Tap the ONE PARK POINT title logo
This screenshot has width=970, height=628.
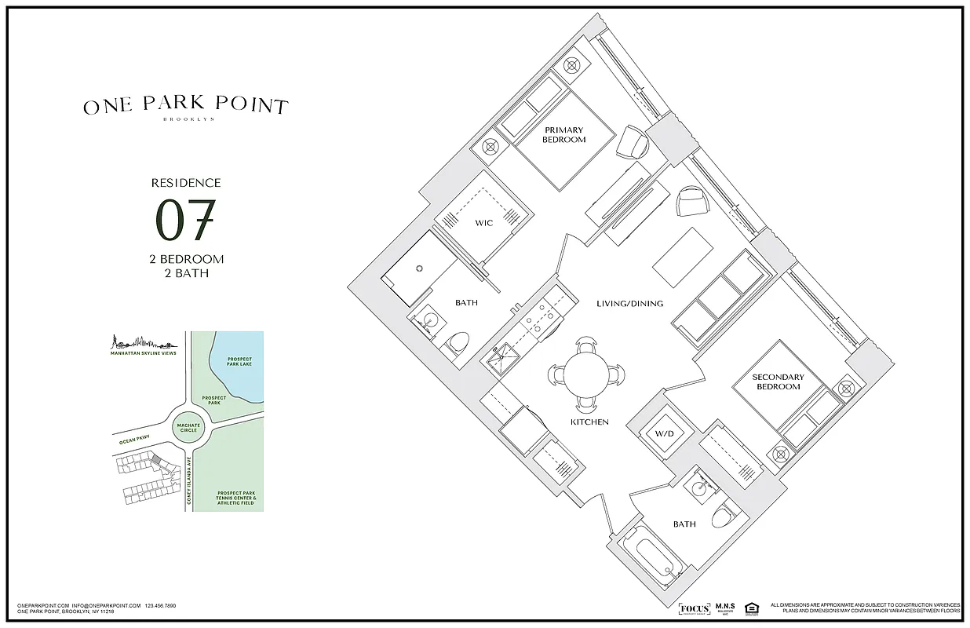[186, 106]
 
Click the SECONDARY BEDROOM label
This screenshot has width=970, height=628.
[778, 382]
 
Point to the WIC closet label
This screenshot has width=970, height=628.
[483, 223]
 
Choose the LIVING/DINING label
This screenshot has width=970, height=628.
[629, 304]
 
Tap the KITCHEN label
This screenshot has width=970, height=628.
[589, 422]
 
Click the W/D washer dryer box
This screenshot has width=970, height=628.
[664, 434]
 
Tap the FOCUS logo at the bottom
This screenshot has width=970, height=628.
[694, 608]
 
